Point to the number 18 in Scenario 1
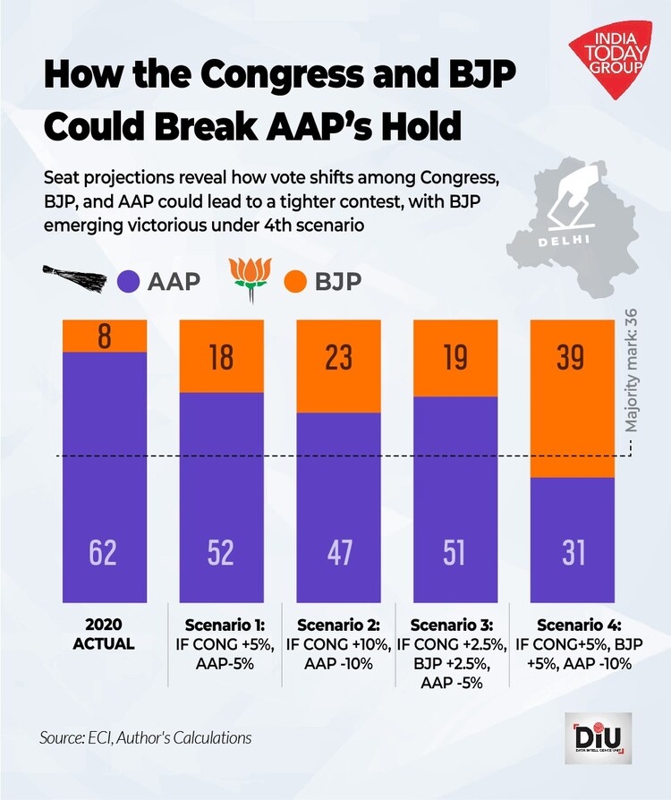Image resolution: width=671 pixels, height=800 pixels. [x=220, y=359]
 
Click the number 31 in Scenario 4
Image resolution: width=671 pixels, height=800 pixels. [x=571, y=552]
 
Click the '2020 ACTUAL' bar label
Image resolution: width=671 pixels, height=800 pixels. [x=104, y=634]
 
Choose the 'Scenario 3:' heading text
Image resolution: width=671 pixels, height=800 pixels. [x=454, y=625]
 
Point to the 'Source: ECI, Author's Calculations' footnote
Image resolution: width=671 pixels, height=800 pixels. [x=145, y=738]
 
